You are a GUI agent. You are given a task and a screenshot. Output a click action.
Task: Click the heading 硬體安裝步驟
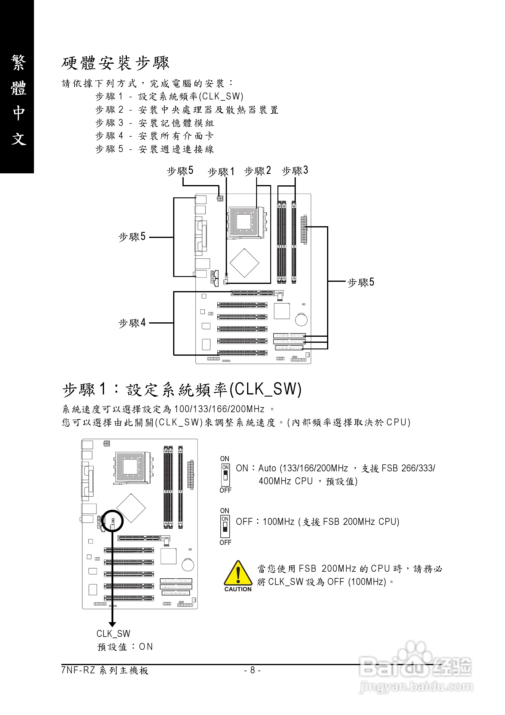(x=115, y=63)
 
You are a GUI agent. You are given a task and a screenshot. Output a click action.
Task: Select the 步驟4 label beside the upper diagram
(x=132, y=323)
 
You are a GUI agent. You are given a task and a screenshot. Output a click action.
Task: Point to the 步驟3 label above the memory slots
(x=295, y=170)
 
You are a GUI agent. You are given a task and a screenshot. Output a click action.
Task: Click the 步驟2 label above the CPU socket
(x=257, y=171)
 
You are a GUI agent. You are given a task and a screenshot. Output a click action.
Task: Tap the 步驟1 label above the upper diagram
(x=221, y=172)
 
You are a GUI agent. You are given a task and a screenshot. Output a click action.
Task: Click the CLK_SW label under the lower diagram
(x=113, y=633)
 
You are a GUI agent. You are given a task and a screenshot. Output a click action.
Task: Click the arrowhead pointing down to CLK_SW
(x=112, y=624)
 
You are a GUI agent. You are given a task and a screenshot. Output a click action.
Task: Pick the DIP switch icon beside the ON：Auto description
(x=225, y=475)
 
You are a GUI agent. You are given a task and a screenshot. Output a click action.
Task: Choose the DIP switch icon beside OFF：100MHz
(x=225, y=527)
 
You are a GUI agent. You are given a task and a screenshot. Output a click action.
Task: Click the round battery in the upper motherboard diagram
(x=301, y=320)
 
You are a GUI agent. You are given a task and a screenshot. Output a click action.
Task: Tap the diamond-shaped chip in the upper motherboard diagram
(x=244, y=263)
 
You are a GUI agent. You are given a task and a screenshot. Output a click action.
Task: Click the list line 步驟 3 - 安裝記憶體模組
(x=155, y=123)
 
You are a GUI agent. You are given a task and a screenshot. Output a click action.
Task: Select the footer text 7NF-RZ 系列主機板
(x=105, y=670)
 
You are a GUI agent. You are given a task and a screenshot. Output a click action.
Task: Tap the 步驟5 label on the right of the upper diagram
(x=361, y=282)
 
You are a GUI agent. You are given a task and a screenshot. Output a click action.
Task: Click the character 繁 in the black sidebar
(x=18, y=62)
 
